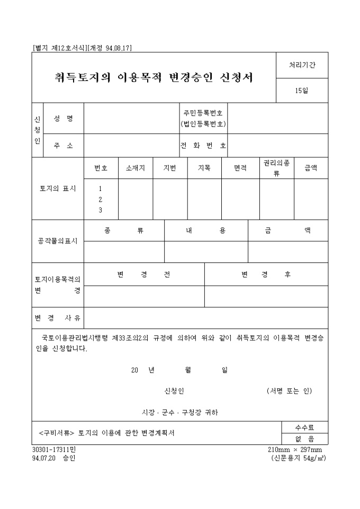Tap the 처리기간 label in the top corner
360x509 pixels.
pos(302,65)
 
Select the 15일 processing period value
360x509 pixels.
pos(302,90)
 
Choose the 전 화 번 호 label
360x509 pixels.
pos(203,146)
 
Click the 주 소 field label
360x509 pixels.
pos(64,146)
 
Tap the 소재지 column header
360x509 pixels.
pos(136,168)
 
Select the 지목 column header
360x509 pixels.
pos(204,168)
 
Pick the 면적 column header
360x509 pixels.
pos(240,168)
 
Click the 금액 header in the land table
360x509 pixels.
pos(311,168)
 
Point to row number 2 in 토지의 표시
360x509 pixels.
pos(100,199)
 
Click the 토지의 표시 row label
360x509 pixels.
pos(58,188)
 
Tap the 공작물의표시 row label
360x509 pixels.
pos(58,241)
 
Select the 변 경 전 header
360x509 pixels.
pos(144,274)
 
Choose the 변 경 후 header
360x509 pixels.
pos(266,274)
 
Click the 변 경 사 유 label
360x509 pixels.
pos(58,318)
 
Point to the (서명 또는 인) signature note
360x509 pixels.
pos(290,391)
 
